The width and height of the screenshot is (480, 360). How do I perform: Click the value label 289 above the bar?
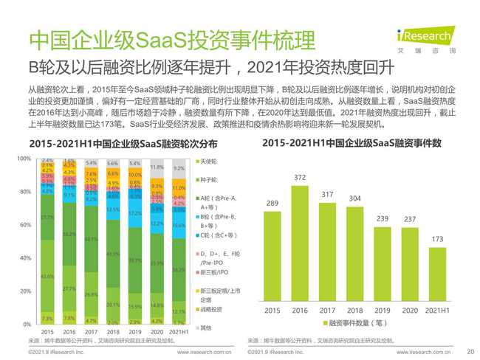point(271,203)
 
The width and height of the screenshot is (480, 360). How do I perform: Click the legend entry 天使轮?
point(208,161)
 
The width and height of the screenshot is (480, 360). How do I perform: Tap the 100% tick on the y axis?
point(24,159)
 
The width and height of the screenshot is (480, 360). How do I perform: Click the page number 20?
point(471,353)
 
